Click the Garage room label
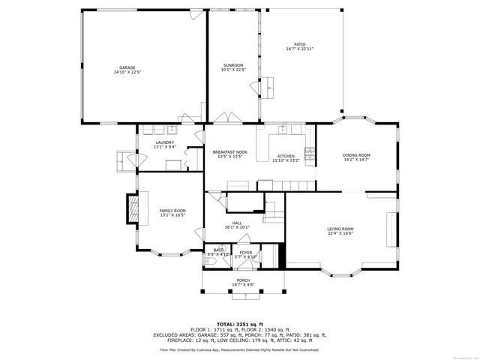(x=127, y=67)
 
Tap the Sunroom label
(x=232, y=66)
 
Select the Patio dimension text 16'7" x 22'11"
(x=299, y=49)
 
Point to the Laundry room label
(x=164, y=142)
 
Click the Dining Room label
(x=357, y=155)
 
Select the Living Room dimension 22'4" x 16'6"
(x=340, y=233)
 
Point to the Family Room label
(x=172, y=211)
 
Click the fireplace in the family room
(x=133, y=209)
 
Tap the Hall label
(x=237, y=223)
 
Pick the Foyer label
(x=246, y=253)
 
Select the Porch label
(x=243, y=280)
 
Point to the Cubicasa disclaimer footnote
(x=239, y=349)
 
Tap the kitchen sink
(x=283, y=130)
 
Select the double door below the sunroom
(x=223, y=118)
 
